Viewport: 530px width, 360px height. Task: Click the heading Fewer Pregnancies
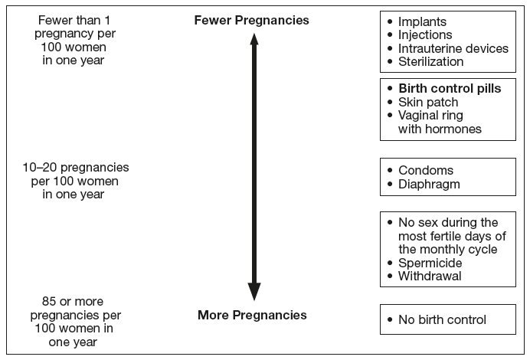point(251,20)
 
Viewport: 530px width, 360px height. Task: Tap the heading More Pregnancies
point(252,315)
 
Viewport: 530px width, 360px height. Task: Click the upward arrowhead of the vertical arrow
point(254,39)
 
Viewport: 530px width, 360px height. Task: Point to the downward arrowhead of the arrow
point(254,291)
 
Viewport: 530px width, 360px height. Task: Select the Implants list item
point(422,21)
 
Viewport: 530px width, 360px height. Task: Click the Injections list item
point(425,34)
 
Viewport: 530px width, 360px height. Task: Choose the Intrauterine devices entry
point(453,48)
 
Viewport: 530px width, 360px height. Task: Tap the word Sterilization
point(430,61)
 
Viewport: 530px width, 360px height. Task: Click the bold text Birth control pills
point(450,88)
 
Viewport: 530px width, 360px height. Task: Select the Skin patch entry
point(428,102)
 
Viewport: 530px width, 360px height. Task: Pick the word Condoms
point(426,170)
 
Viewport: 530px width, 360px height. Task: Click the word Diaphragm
point(429,185)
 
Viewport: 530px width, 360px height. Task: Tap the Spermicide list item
point(430,263)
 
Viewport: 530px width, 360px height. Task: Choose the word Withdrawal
point(430,276)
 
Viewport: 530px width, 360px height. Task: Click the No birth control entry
point(442,319)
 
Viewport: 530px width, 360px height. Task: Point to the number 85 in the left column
point(49,301)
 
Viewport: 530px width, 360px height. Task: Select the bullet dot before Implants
point(390,21)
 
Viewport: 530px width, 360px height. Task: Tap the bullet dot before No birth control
point(390,319)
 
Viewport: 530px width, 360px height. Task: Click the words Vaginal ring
point(430,116)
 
